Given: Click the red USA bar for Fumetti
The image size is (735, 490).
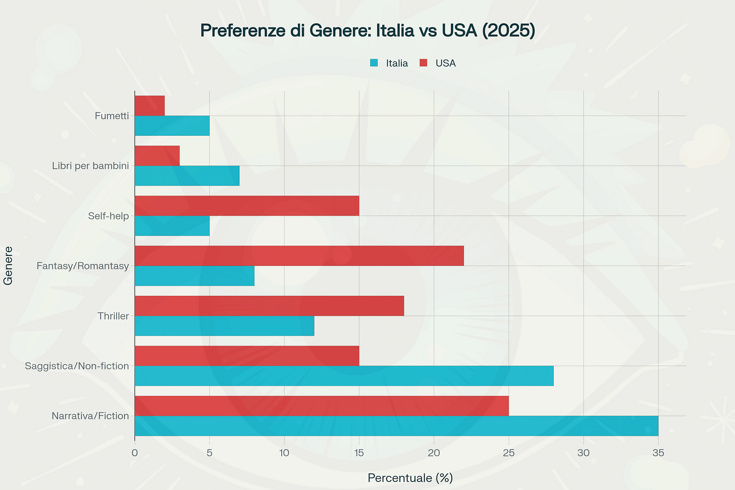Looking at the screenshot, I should click(149, 105).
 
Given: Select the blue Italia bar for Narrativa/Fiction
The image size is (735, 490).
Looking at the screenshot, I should click(396, 426).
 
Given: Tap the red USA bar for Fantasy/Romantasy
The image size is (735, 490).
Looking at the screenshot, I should click(299, 256).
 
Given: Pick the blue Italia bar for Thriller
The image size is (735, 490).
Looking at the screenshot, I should click(224, 326).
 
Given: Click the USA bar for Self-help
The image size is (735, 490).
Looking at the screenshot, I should click(247, 206).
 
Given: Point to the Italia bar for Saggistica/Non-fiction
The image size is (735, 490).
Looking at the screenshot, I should click(344, 376).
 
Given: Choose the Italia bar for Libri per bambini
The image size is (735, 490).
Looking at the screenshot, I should click(187, 176).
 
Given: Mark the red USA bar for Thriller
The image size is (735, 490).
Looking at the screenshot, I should click(269, 306).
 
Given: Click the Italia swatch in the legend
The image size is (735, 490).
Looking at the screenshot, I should click(374, 63).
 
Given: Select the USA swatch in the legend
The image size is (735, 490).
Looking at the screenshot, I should click(424, 63).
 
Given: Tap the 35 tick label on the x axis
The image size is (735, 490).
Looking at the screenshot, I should click(658, 453).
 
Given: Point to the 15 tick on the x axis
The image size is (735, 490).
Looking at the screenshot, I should click(359, 453).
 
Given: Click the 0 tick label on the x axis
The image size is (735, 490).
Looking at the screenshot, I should click(135, 453).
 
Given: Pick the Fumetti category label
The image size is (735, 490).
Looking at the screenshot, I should click(112, 116).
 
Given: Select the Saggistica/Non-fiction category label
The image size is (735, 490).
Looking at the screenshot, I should click(77, 366).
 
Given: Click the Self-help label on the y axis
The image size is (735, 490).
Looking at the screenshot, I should click(108, 216).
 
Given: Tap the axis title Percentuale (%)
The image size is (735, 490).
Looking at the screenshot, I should click(410, 478).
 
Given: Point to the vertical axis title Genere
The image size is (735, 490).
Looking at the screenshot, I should click(8, 265).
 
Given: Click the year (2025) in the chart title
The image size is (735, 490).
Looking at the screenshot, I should click(508, 31).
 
